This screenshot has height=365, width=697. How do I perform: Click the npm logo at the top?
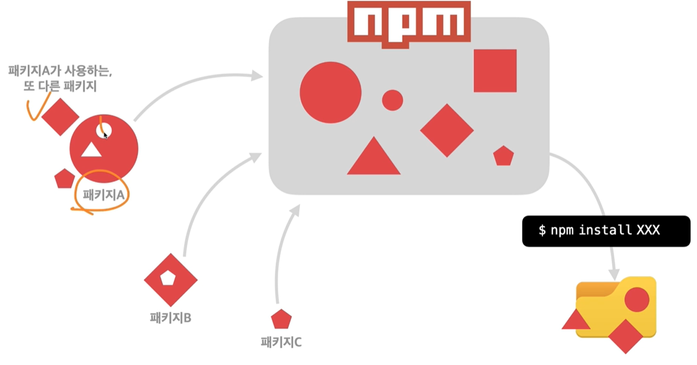tap(409, 23)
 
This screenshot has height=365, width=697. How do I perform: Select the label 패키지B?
tap(170, 318)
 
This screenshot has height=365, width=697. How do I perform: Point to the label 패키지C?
tap(281, 341)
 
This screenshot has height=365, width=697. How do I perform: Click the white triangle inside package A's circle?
tap(91, 150)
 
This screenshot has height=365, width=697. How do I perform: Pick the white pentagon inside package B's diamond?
tap(168, 279)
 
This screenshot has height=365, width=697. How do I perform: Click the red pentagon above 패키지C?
tap(281, 319)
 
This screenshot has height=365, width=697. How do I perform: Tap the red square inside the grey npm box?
tap(495, 71)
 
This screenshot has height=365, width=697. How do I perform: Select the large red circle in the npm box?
tap(330, 93)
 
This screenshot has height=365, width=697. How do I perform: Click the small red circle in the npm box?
tap(392, 100)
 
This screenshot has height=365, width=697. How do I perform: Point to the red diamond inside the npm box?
tap(447, 130)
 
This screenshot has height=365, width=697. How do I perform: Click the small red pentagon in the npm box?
tap(503, 156)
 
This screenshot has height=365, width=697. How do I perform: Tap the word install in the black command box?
tap(605, 230)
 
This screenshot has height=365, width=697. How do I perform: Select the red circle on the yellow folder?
tap(637, 300)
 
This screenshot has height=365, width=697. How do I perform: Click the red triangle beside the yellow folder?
tap(576, 321)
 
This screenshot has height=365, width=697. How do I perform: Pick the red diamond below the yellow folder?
tap(625, 336)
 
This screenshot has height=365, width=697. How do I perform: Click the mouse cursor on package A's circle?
tap(105, 135)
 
